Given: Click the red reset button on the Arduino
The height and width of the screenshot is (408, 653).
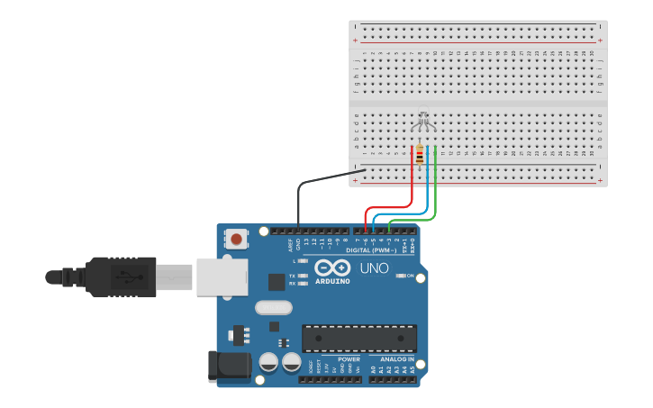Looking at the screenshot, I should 236,239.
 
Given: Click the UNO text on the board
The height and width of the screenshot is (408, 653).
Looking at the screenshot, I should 374,268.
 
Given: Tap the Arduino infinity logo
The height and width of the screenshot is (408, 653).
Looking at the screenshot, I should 332,267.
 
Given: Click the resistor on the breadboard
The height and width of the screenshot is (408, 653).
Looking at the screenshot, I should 420,157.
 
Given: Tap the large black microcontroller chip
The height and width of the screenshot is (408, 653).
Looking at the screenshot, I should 358,339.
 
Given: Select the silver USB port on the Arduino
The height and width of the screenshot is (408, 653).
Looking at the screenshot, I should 222,277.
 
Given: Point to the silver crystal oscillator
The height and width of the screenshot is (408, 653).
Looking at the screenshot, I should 273,308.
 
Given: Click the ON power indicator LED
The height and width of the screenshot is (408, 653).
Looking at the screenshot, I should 399,276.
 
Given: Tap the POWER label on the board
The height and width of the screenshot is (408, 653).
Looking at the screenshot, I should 349,358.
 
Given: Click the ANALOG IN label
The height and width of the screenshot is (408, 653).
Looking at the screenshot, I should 391,358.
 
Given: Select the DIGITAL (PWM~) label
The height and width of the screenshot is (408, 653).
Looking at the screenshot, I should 371,249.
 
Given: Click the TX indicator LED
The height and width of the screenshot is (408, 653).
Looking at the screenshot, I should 304,276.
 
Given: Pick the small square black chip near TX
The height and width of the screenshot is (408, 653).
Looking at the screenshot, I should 277,282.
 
